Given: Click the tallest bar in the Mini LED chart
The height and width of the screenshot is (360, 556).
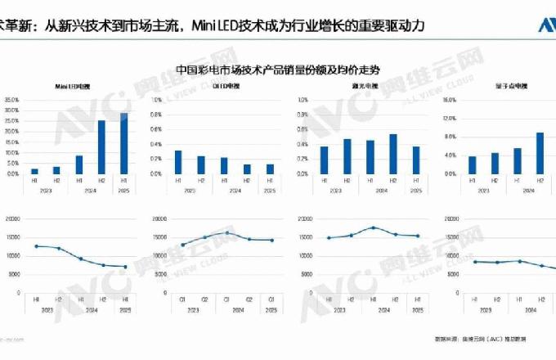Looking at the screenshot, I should (124, 143).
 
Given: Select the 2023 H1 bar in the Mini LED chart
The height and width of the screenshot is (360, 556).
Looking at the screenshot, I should (34, 171).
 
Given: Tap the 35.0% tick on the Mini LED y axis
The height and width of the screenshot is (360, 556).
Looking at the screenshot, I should (11, 100).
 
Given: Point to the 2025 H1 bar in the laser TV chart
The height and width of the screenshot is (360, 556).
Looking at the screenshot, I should (416, 160).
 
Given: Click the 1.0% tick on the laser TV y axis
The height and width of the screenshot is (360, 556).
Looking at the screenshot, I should (303, 100).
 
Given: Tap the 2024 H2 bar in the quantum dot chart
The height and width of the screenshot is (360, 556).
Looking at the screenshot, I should (540, 153).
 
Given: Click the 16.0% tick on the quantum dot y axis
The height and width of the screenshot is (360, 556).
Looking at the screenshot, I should (447, 100).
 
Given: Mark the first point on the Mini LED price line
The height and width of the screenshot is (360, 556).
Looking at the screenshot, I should (36, 245).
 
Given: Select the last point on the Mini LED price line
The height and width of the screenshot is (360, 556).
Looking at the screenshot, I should (125, 267).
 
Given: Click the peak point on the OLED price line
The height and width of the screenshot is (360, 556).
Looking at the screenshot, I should (227, 232).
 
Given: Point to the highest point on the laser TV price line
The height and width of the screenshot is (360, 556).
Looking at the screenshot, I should (373, 227).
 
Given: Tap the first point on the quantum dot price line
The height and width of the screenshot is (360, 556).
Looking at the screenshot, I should (474, 261).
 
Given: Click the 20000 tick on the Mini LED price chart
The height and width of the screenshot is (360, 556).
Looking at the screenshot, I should (11, 218).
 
